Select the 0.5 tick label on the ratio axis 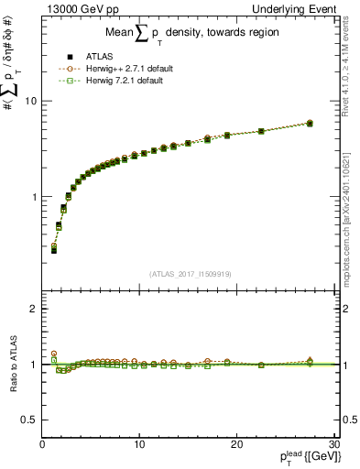[x=30, y=420]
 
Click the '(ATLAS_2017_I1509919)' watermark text [x=188, y=273]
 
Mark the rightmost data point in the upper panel [x=310, y=123]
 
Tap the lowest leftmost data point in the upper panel [x=54, y=249]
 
